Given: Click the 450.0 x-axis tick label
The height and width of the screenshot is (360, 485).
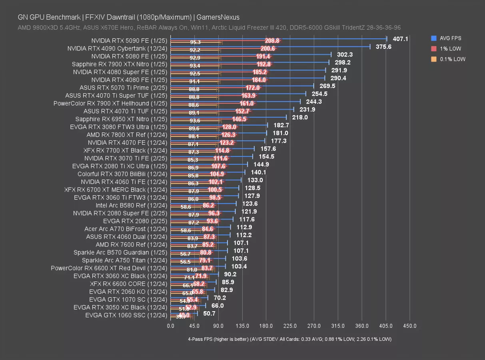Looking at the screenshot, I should tap(410, 326).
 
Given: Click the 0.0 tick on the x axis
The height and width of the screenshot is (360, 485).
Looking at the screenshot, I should tap(170, 326).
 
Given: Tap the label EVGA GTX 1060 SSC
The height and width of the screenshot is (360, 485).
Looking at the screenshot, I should tap(126, 315).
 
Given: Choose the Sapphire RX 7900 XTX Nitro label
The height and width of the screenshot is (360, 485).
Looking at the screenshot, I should tap(119, 64).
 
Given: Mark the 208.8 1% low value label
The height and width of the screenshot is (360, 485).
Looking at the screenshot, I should tap(272, 41).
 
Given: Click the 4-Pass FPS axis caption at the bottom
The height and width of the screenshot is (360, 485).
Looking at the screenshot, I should tap(289, 339).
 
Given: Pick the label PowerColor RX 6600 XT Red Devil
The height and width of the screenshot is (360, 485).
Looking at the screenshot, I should tap(109, 268).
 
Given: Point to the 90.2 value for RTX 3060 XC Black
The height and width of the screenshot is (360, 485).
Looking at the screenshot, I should tap(230, 274).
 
